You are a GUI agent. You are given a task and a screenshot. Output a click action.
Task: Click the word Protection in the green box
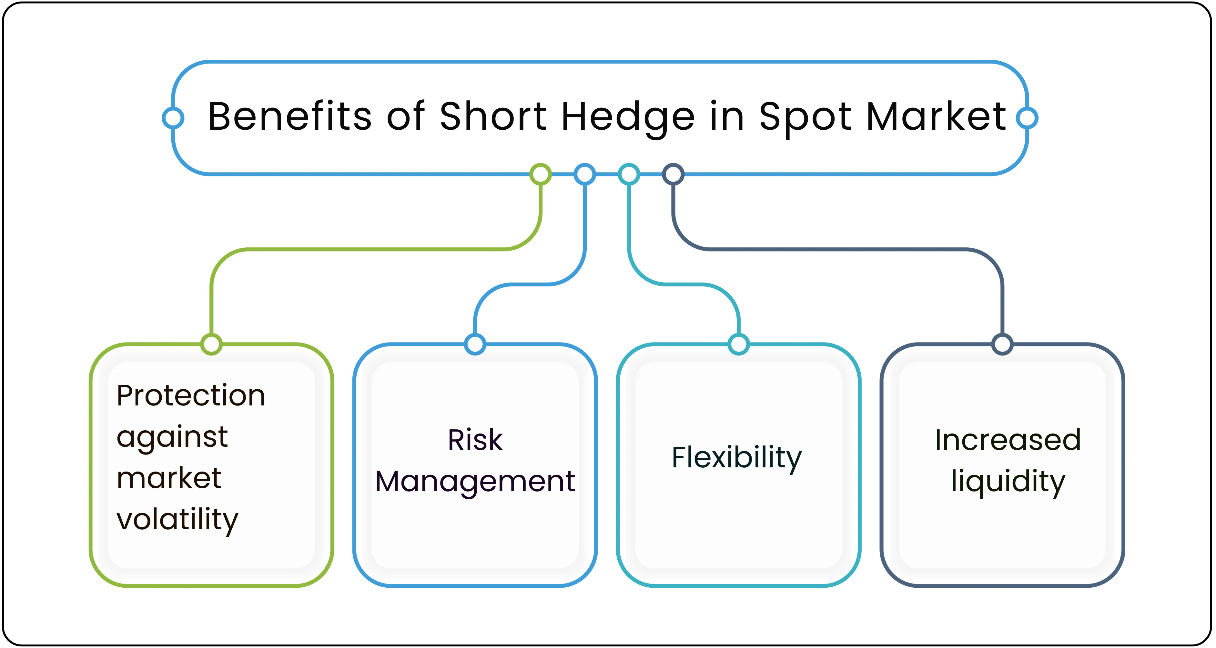[x=191, y=395]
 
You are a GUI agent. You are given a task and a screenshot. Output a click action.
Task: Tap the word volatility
[x=177, y=520]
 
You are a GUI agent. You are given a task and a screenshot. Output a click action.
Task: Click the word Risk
[x=475, y=440]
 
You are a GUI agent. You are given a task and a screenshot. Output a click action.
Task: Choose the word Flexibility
[x=736, y=457]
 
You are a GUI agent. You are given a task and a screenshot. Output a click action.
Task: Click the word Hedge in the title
[x=628, y=116]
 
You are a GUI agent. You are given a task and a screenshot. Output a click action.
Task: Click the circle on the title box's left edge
[x=173, y=117]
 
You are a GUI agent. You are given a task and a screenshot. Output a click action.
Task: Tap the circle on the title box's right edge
[x=1027, y=117]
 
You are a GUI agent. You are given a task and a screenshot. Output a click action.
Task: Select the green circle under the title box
[x=541, y=174]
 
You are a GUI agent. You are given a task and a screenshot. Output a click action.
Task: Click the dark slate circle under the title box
[x=673, y=174]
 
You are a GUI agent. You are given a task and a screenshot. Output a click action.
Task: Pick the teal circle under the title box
[x=629, y=174]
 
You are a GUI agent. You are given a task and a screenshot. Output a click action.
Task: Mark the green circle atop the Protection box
[x=211, y=344]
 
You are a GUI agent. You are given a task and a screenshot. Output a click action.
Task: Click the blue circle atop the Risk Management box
[x=475, y=344]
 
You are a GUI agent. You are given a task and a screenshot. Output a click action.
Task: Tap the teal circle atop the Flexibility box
[x=738, y=344]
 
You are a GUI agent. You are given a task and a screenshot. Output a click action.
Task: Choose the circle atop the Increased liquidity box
[x=1002, y=344]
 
